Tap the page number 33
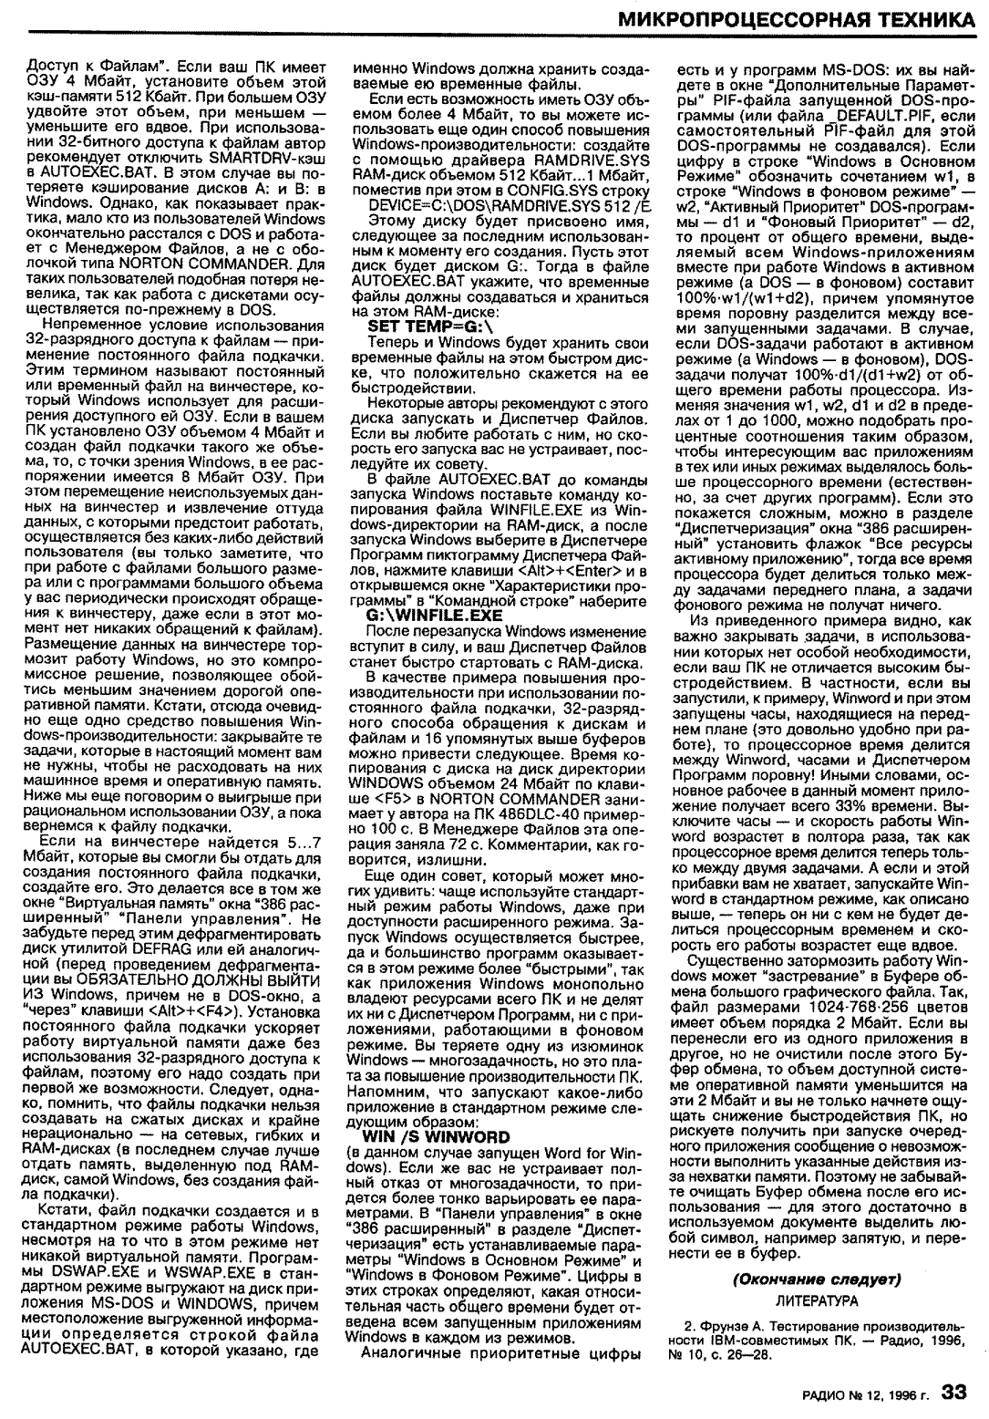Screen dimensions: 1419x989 pyautogui.click(x=954, y=1392)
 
